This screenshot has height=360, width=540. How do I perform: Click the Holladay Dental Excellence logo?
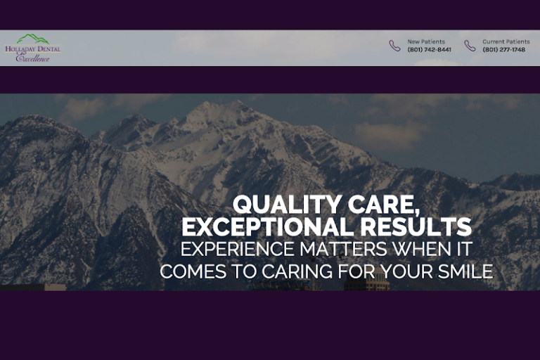click(33, 49)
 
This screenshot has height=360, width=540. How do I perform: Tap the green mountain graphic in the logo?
click(33, 39)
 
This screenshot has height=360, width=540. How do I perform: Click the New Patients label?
click(426, 42)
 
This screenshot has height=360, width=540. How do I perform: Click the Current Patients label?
click(506, 42)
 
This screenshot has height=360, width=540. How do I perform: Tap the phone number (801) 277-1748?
click(503, 50)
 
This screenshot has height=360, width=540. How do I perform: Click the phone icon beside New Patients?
click(395, 46)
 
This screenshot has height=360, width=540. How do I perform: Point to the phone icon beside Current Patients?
click(470, 46)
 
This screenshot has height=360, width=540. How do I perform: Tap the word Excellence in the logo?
click(33, 58)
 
